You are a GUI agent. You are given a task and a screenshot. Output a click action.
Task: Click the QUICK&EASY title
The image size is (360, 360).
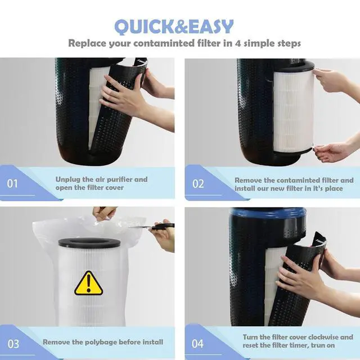click(x=174, y=27)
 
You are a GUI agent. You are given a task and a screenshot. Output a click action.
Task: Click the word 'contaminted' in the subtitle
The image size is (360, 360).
click(x=164, y=43)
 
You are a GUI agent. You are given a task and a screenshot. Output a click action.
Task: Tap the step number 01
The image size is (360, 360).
click(x=12, y=184)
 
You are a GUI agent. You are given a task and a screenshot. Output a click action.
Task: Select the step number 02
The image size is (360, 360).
click(x=198, y=184)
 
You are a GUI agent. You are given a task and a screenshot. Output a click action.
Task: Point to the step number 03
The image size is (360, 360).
click(x=13, y=344)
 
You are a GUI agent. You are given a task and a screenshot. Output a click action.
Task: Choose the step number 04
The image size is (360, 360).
click(x=197, y=344)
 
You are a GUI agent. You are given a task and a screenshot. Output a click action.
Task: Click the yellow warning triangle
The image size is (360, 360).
click(x=89, y=283)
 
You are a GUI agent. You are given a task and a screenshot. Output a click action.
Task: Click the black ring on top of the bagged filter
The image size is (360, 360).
click(x=89, y=242)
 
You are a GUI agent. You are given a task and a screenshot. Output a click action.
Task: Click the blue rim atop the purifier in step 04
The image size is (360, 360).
click(x=268, y=213)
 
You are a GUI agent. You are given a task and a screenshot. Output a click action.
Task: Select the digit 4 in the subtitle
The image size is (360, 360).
click(x=238, y=43)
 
